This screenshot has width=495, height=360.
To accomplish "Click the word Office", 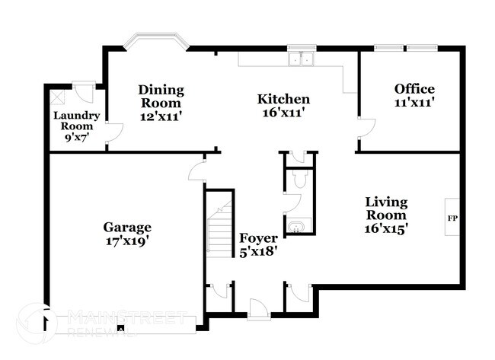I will point(414,89).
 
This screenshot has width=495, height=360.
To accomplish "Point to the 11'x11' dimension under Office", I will point(414,103).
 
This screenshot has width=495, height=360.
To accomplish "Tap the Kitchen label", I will point(283,99).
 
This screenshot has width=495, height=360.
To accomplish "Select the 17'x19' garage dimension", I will point(128,241).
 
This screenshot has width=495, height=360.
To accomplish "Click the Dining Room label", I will point(161,96).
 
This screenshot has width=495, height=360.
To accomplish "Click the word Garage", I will point(128,227).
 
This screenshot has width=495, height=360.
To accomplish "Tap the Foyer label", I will point(258,237).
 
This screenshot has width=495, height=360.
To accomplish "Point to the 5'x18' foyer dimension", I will point(258,250).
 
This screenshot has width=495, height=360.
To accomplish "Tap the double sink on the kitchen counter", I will point(302,59).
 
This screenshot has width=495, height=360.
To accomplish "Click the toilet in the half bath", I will point(299,180).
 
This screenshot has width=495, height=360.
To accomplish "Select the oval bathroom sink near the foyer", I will point(295,227).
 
